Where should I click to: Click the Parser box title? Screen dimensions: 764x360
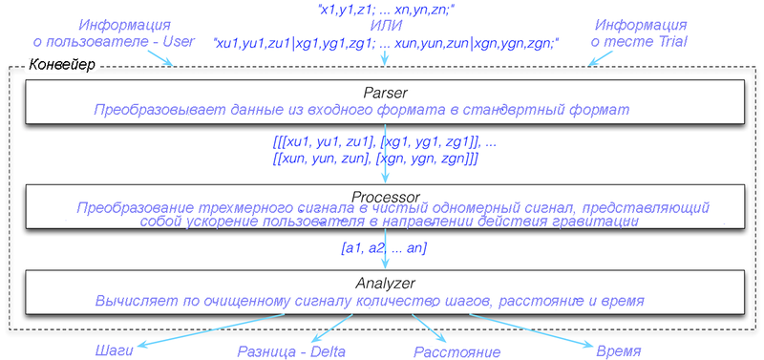(385, 92)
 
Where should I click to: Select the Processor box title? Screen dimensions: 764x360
(385, 197)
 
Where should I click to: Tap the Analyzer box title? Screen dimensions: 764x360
(385, 283)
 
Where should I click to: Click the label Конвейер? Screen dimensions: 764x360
(62, 65)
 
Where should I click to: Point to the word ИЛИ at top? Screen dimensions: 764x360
(385, 25)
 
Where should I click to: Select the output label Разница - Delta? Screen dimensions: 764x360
(291, 351)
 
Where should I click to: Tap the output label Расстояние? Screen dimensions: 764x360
(457, 351)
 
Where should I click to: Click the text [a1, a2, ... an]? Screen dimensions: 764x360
(385, 248)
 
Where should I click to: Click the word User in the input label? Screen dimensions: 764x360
(179, 42)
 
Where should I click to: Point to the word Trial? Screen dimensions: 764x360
(672, 42)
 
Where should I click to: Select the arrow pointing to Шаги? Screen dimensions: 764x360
(210, 331)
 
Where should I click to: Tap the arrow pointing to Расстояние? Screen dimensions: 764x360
(428, 328)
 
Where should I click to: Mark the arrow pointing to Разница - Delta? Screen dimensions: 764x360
(332, 328)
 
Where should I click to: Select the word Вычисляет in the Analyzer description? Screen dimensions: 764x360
(128, 301)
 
